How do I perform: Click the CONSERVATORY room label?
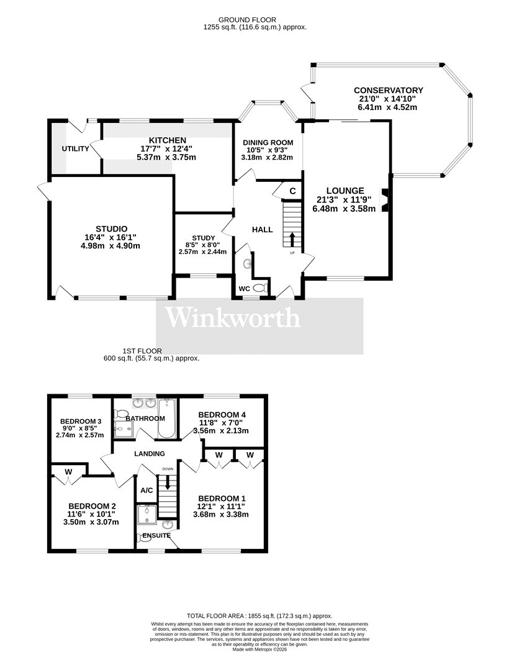point(389,90)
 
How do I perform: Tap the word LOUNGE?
point(345,191)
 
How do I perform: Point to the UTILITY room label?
point(75,149)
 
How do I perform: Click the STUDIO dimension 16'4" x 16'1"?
point(111,237)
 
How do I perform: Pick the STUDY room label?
point(204,238)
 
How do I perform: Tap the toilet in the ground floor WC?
point(260,288)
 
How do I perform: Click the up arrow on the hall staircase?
point(292,239)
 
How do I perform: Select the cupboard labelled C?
point(293,191)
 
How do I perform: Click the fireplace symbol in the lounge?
point(386,201)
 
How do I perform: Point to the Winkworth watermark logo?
point(233,318)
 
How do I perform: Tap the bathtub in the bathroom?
point(167,419)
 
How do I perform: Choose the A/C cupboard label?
point(147,491)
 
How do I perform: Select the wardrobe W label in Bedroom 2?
point(69,472)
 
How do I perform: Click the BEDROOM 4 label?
point(222,415)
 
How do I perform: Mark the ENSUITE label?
point(156,535)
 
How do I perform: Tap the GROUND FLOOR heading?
point(247,19)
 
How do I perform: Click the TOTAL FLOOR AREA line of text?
point(259,616)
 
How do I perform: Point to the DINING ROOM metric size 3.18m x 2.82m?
point(267,158)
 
